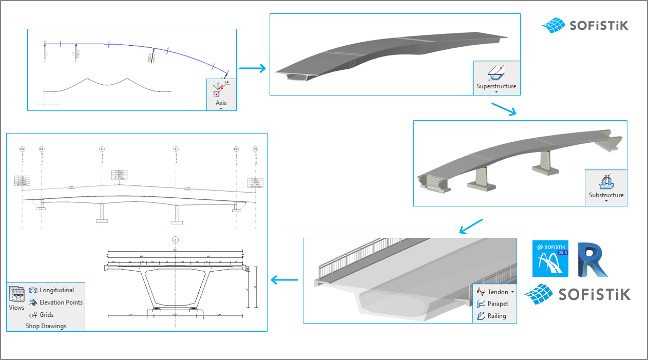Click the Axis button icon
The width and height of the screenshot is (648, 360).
tap(221, 90)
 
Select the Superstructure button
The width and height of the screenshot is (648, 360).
tap(496, 78)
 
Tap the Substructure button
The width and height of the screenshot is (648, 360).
tap(606, 187)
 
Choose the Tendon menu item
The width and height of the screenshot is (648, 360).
tap(494, 292)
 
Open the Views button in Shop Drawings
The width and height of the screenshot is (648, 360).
tap(16, 298)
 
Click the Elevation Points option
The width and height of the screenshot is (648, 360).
tap(55, 302)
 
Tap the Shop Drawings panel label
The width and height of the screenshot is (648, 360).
tap(46, 326)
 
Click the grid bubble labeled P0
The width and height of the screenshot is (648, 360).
tap(22, 149)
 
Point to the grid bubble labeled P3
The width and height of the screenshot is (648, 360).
tap(255, 149)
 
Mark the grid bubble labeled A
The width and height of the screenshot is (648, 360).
tap(175, 239)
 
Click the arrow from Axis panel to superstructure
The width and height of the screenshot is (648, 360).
tap(252, 68)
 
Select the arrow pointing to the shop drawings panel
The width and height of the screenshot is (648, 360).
tap(284, 280)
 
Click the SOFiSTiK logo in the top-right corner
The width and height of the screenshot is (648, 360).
tap(585, 25)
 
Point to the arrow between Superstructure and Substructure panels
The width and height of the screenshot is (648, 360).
tap(503, 109)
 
